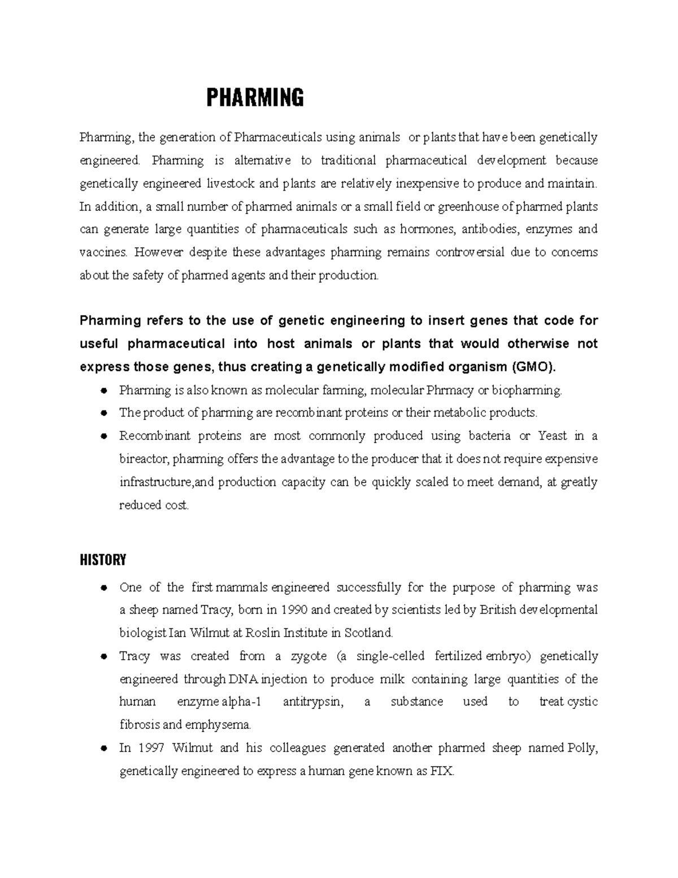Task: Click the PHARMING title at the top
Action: pos(255,98)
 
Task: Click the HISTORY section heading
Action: pos(103,560)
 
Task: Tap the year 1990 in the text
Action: pos(294,610)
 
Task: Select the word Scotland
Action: pos(368,633)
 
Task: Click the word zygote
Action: pos(308,656)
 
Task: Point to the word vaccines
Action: pos(104,252)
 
